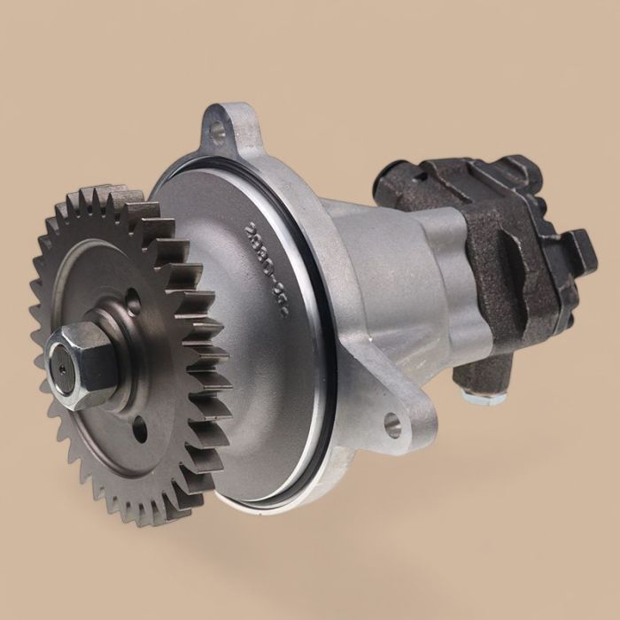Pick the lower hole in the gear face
coord(140,431)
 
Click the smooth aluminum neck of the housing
coord(390,292)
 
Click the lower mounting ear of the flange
coord(399,421)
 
